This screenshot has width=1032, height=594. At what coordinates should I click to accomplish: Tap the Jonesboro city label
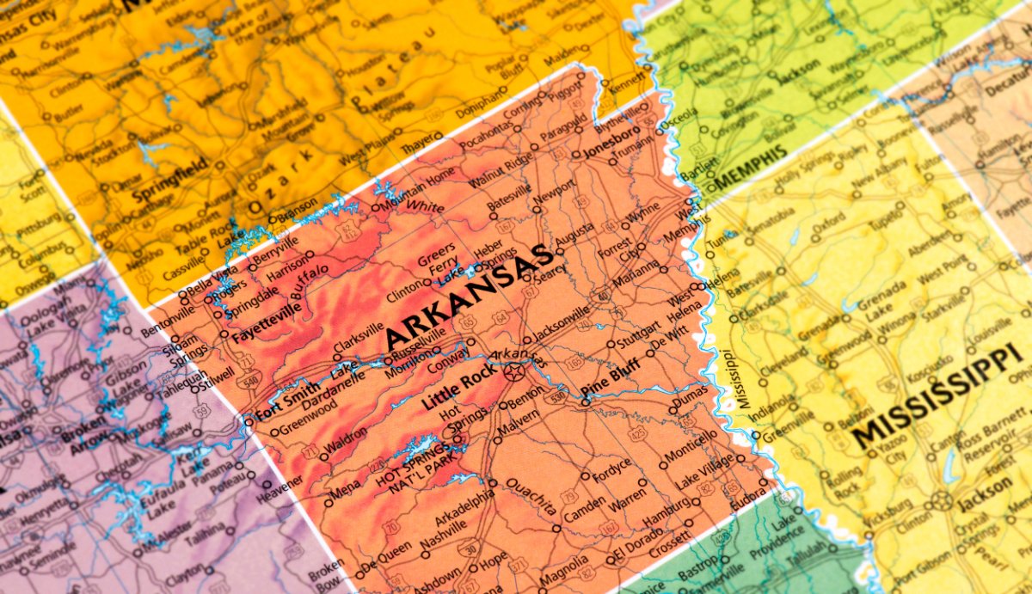coord(611,143)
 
